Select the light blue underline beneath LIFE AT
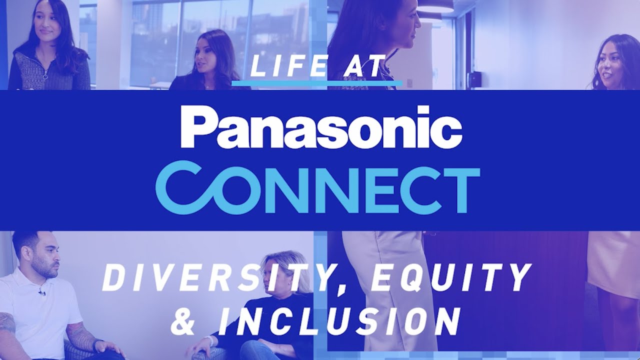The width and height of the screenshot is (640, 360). pos(317,82)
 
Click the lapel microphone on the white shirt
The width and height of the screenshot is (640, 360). pos(42,291)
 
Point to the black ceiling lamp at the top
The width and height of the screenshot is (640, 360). pos(436,6)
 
